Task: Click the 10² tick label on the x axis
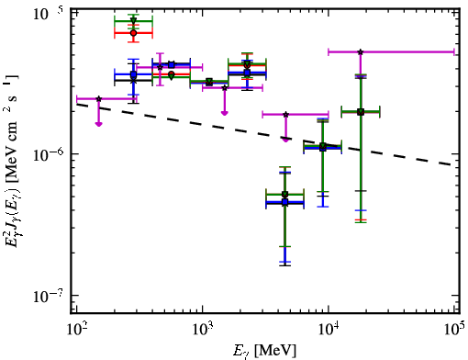coord(75,331)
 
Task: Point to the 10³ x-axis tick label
coord(202,331)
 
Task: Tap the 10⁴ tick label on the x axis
coord(329,331)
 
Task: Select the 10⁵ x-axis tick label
coord(455,331)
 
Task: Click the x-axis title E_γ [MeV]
coord(264,351)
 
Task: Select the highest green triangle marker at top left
coord(133,21)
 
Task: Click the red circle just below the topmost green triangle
coord(133,33)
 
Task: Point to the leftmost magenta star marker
coord(98,99)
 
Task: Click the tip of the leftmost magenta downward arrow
coord(98,125)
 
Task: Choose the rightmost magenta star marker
coord(361,52)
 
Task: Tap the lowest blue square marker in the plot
coord(285,202)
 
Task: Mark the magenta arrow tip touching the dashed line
coord(285,141)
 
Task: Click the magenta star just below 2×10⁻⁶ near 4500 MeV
coord(286,115)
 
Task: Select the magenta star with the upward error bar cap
coord(160,67)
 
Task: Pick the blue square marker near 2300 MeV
coord(247,73)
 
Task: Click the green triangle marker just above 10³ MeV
coord(209,82)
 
